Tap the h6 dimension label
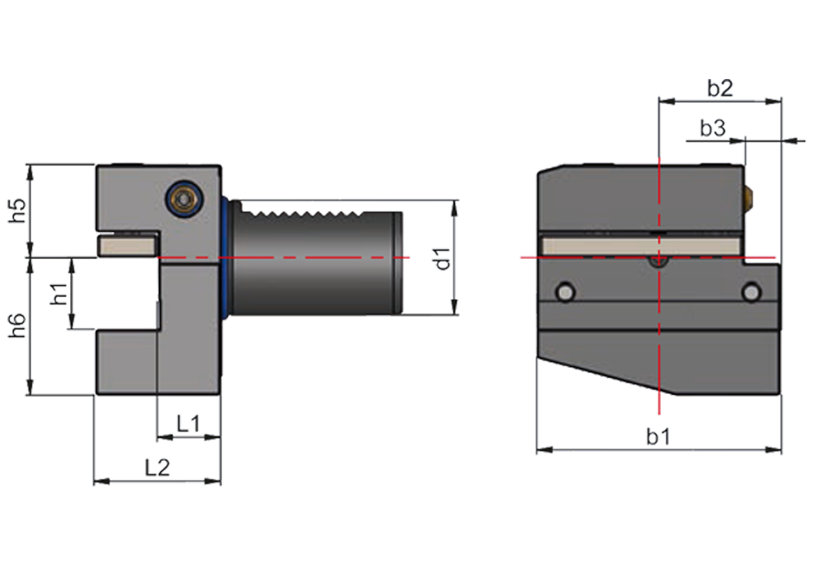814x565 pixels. pyautogui.click(x=19, y=326)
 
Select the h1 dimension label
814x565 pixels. pyautogui.click(x=60, y=294)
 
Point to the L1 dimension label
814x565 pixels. pyautogui.click(x=189, y=423)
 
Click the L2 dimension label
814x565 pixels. pyautogui.click(x=157, y=468)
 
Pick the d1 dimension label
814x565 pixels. pyautogui.click(x=442, y=259)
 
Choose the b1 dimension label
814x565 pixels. pyautogui.click(x=659, y=436)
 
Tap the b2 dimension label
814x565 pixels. pyautogui.click(x=720, y=88)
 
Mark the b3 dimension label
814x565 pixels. pyautogui.click(x=713, y=128)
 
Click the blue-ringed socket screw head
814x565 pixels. pyautogui.click(x=183, y=198)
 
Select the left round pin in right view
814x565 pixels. pyautogui.click(x=566, y=291)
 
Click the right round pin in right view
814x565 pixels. pyautogui.click(x=751, y=291)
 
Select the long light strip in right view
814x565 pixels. pyautogui.click(x=641, y=246)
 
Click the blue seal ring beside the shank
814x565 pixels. pyautogui.click(x=225, y=257)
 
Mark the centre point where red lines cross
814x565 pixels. pyautogui.click(x=659, y=257)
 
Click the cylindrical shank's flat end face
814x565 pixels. pyautogui.click(x=398, y=263)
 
